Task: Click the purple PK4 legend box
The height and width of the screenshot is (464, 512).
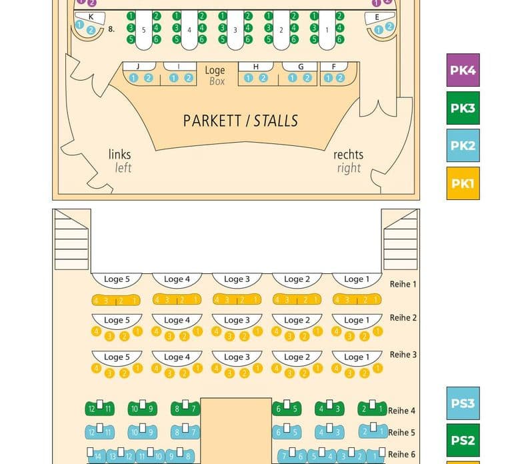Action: (x=463, y=70)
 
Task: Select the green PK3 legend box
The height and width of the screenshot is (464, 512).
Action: (x=463, y=108)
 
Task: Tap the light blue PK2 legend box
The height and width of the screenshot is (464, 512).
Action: (x=463, y=145)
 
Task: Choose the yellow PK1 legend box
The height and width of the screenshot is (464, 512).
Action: (x=463, y=183)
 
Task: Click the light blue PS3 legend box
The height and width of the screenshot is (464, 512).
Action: (x=463, y=403)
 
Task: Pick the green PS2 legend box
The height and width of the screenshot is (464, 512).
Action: (x=463, y=440)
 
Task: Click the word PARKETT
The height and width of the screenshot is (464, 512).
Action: (x=212, y=121)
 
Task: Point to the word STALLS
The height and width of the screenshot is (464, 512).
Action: (x=276, y=121)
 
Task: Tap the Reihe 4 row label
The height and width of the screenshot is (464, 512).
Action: (x=401, y=411)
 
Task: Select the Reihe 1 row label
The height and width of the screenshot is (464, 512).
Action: (x=403, y=284)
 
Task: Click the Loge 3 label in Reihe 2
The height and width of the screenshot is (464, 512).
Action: (x=237, y=320)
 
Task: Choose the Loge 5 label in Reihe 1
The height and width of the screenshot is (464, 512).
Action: (x=117, y=279)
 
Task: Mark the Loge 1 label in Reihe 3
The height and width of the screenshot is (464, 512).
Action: (x=357, y=357)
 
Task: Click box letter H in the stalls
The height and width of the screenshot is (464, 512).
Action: (x=256, y=67)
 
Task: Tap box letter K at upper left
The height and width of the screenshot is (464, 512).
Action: (x=91, y=17)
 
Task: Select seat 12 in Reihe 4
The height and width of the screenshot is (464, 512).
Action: (x=92, y=409)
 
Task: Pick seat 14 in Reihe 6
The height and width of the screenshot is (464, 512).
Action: (x=97, y=457)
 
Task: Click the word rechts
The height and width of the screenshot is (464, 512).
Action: (x=349, y=155)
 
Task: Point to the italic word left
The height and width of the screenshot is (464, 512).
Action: (x=123, y=168)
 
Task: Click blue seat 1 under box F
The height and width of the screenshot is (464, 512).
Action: (x=328, y=78)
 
